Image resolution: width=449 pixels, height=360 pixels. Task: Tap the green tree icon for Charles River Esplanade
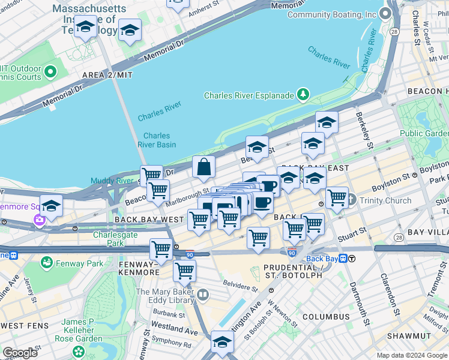coord(304,95)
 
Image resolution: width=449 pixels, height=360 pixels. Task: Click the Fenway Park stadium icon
coord(47,263)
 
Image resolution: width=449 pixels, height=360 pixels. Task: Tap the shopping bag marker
coord(204,167)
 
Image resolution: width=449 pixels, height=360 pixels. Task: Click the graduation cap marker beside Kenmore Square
coord(52,206)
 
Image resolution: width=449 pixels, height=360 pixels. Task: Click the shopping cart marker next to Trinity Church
coord(337,197)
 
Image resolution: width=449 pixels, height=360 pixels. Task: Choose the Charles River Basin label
coord(157,140)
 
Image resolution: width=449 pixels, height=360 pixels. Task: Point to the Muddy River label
coord(112,181)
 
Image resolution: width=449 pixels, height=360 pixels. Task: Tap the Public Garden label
coord(424,133)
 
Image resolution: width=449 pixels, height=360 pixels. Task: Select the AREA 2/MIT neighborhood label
coord(106,74)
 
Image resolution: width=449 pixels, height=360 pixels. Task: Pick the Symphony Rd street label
coord(171,345)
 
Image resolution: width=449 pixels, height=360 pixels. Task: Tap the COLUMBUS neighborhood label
coord(326,316)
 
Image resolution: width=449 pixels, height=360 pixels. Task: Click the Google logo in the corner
coord(20,353)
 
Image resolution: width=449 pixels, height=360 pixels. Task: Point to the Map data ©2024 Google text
coord(411,355)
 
